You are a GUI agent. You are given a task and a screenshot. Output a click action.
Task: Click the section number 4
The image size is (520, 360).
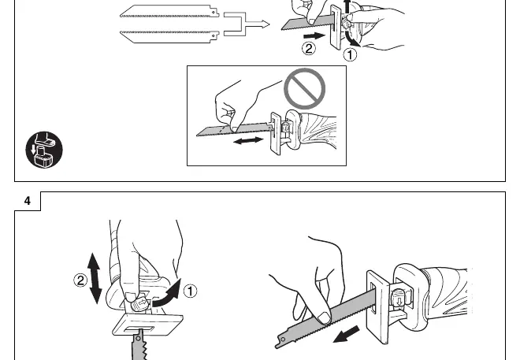[28, 201]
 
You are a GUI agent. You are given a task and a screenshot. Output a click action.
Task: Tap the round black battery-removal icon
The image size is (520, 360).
[44, 150]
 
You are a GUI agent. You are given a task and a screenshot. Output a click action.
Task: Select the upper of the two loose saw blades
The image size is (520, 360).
[169, 11]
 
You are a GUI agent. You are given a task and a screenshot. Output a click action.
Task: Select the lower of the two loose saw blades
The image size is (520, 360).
[169, 37]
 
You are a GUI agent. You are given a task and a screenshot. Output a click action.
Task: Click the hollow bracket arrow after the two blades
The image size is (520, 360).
[246, 24]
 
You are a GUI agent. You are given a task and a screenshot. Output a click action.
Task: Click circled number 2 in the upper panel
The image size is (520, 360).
[309, 49]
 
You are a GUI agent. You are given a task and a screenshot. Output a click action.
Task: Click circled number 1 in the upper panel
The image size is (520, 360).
[350, 54]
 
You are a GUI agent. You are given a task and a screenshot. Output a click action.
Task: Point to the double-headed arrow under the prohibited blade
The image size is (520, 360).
[248, 140]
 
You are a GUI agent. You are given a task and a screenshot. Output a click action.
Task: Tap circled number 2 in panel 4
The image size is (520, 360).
[80, 281]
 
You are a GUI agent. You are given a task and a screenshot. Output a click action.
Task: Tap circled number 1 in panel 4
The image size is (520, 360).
[190, 291]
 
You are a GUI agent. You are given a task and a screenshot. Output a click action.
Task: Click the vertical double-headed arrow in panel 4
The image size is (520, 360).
[95, 278]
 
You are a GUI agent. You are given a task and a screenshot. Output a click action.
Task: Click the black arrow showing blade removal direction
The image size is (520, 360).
[346, 334]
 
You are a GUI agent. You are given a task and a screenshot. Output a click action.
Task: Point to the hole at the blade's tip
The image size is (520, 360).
[283, 340]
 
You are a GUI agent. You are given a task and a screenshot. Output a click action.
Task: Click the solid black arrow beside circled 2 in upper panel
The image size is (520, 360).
[314, 35]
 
